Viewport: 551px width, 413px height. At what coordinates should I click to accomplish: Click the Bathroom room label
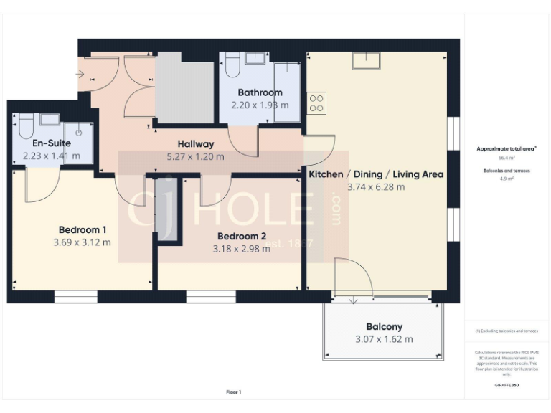[260, 92]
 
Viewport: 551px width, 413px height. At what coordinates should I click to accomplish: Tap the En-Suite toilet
[26, 126]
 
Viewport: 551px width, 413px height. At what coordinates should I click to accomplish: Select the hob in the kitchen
[316, 103]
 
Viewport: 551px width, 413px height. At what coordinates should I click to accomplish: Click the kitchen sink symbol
[364, 61]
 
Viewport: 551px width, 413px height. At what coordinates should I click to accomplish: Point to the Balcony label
[384, 326]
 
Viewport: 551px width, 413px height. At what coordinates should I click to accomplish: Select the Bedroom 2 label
[242, 236]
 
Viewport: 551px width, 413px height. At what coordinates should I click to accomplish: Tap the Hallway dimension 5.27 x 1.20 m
[195, 156]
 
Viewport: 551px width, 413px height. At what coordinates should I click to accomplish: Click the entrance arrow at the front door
[79, 74]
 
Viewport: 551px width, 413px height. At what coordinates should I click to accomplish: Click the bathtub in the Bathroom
[285, 90]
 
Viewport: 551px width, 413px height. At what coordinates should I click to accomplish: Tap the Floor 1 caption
[234, 392]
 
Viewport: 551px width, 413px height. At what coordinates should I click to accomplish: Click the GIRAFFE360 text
[507, 386]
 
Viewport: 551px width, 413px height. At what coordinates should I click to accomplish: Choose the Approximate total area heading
[507, 148]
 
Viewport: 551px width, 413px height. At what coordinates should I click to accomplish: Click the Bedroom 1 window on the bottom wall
[75, 296]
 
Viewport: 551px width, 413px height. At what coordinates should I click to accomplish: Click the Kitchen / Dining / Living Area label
[375, 174]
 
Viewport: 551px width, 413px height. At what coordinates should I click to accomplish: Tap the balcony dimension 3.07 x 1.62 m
[384, 339]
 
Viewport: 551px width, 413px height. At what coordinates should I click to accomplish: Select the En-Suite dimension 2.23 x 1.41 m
[52, 156]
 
